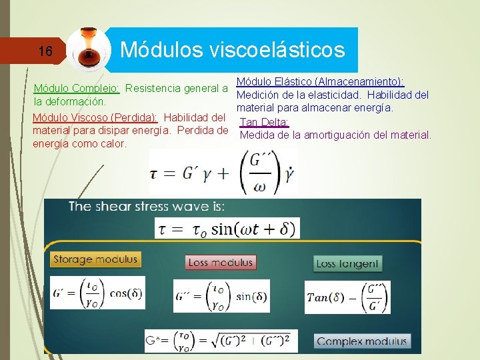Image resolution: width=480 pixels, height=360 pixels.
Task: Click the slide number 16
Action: click(45, 51)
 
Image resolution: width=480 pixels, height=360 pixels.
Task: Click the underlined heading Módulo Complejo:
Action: click(77, 88)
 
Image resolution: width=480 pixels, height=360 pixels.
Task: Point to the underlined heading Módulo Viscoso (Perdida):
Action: click(95, 117)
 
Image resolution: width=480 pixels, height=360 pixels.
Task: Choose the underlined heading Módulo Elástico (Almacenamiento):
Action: click(320, 81)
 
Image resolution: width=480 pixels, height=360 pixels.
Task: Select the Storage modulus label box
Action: click(95, 259)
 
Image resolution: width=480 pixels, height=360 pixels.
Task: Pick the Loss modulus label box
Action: click(220, 262)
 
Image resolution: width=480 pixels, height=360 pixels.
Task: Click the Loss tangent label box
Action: click(347, 263)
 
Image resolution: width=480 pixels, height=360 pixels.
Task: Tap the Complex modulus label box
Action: click(361, 341)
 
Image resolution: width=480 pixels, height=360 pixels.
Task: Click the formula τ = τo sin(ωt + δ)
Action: click(227, 229)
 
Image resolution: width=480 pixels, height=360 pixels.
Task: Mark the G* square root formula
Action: click(221, 341)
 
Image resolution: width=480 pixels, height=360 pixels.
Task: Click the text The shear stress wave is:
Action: click(147, 206)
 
